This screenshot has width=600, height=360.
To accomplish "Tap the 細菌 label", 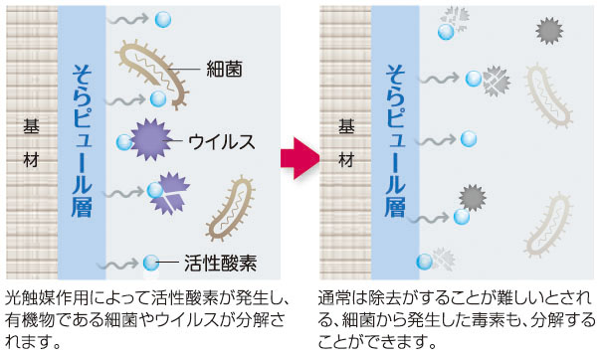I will (x=225, y=69).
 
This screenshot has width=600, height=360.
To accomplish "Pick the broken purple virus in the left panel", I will (x=169, y=194).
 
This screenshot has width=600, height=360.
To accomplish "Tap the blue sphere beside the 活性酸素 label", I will (x=151, y=264).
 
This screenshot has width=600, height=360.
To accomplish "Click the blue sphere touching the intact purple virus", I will (x=124, y=142).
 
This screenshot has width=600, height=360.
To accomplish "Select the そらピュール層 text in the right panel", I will (x=394, y=139).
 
